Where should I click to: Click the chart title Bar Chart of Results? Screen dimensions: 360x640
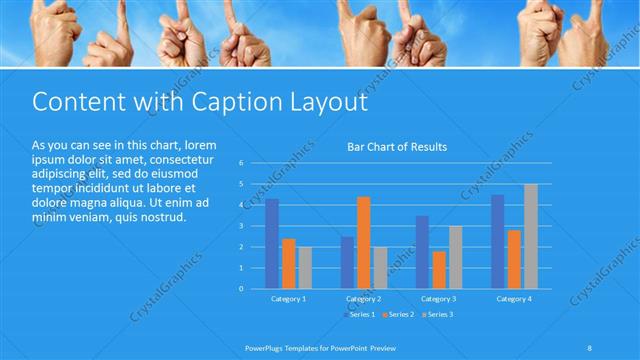(397, 147)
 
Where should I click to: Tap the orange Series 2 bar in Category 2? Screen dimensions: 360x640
(363, 242)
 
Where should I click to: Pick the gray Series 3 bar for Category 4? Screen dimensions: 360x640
(530, 236)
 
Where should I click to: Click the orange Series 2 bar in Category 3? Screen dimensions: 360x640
(438, 269)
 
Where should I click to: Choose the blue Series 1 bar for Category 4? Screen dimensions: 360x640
(498, 241)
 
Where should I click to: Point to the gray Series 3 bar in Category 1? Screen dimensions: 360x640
(305, 267)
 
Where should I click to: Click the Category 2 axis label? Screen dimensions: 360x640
(363, 298)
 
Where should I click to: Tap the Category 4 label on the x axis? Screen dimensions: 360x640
(513, 298)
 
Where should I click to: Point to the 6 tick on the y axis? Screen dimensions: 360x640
(242, 163)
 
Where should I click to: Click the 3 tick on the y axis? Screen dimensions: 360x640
(242, 226)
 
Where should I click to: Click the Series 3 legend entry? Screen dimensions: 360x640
(436, 314)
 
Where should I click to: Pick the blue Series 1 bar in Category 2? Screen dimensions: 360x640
(347, 262)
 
